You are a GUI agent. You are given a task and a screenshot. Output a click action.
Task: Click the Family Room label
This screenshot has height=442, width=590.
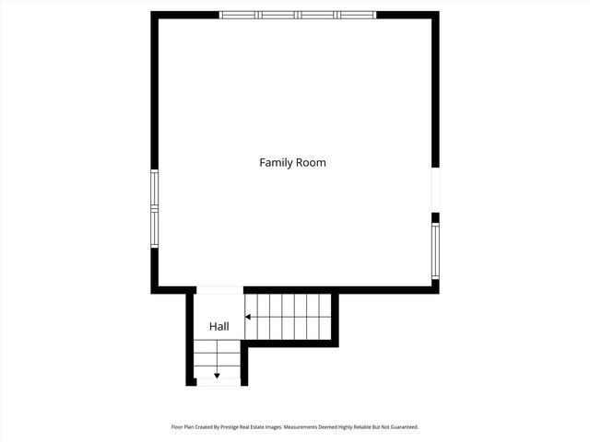point(292,163)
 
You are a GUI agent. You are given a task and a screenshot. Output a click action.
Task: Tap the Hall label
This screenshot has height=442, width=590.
point(218,326)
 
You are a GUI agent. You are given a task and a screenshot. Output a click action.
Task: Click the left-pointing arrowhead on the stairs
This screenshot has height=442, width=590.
point(248,317)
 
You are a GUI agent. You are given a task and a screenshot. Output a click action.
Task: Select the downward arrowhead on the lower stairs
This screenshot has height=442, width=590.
point(217,375)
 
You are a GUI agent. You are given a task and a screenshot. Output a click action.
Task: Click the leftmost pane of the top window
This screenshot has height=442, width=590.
point(239,15)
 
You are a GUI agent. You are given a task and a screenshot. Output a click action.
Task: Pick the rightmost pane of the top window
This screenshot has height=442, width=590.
point(357,15)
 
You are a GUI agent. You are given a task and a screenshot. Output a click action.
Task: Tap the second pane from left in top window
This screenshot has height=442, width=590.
point(278,15)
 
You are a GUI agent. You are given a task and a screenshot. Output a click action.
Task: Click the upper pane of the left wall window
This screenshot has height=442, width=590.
point(155,189)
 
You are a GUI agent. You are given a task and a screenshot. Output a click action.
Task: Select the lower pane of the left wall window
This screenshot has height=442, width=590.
point(155,230)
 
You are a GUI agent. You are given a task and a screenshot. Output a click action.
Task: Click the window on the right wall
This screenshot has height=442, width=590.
point(435,251)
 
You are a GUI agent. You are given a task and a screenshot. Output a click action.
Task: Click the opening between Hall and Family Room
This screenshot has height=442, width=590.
point(219,290)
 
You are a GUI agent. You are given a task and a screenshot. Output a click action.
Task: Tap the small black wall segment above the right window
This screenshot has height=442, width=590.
point(435,218)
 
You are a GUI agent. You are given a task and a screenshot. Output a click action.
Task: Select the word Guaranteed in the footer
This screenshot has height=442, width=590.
point(402,427)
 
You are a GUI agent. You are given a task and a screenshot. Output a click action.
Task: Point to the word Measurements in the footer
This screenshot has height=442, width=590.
point(301,427)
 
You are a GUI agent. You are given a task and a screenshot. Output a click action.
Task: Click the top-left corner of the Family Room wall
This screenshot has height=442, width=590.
point(155,15)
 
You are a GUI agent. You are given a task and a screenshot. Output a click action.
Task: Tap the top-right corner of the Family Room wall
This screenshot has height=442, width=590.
point(435,15)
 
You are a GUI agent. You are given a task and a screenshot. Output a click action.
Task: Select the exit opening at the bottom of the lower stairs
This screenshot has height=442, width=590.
point(218,383)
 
